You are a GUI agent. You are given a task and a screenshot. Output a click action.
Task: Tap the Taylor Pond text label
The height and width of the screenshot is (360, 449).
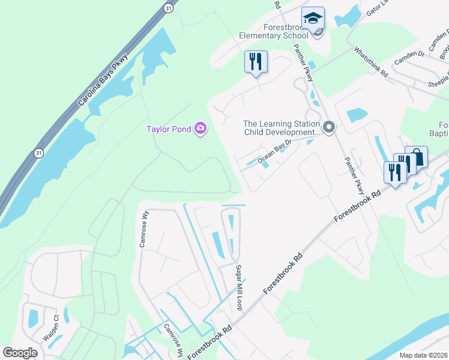169,128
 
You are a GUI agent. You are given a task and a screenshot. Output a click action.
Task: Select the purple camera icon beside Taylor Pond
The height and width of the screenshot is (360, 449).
200,128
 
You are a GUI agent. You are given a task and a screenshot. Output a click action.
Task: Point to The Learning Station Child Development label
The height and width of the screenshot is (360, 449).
280,128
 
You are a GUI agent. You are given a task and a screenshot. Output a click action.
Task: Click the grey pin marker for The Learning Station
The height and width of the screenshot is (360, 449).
329,127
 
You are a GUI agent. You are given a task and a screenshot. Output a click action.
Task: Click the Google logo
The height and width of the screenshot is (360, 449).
20,353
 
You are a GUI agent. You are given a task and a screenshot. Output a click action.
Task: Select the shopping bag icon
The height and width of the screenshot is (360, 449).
416,157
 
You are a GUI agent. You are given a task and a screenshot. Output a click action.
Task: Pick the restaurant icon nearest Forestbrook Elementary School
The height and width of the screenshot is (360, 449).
256,61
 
